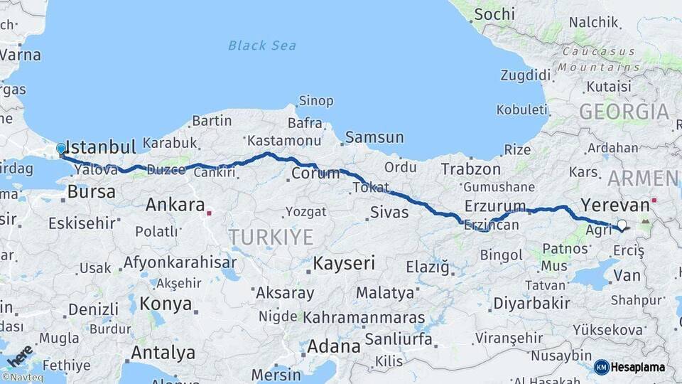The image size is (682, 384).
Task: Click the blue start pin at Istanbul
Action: [x=61, y=149]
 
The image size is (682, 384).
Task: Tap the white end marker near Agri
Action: [x=622, y=225]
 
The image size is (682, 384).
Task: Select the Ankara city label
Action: [x=175, y=206]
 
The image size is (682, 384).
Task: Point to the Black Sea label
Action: [x=262, y=46]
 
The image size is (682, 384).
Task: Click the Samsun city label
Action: [x=374, y=137]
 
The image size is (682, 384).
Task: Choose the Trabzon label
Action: [x=470, y=169]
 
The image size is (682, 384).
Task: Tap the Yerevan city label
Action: [x=615, y=206]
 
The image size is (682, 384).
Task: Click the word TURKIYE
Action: [x=270, y=237]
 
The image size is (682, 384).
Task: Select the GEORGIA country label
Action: [x=624, y=112]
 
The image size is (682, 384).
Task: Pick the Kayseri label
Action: [x=344, y=263]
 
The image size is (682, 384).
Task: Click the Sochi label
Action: [x=494, y=14]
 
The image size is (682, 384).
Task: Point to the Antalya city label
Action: [x=163, y=352]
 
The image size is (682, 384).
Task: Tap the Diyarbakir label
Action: [x=531, y=304]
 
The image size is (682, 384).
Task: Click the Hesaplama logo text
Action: [x=638, y=367]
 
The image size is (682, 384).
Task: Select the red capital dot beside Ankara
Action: [x=209, y=212]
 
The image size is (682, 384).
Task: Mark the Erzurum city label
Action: [x=495, y=206]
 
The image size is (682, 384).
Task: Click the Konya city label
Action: [x=166, y=304]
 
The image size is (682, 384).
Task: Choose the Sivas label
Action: [x=389, y=212]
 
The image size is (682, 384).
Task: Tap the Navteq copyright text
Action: [x=22, y=377]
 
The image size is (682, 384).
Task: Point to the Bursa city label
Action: [x=91, y=191]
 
